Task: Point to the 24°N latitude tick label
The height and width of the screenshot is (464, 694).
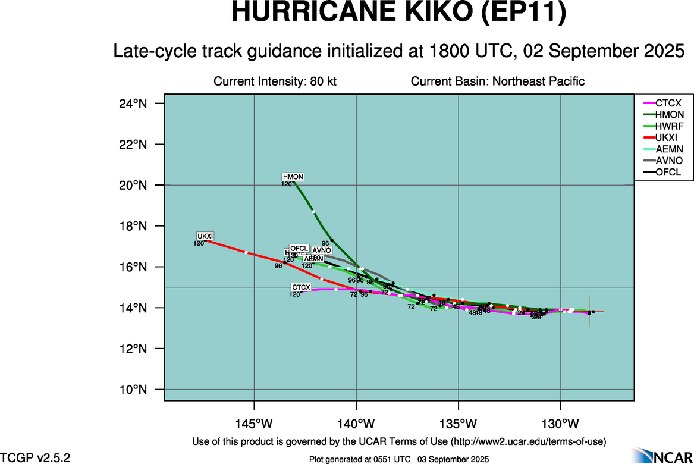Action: click(x=133, y=104)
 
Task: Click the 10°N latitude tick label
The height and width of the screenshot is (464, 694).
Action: click(x=133, y=390)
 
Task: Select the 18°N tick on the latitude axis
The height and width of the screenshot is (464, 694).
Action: click(x=133, y=226)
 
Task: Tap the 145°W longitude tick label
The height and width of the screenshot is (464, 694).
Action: click(x=254, y=424)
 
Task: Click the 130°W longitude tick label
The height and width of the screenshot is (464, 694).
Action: click(x=561, y=424)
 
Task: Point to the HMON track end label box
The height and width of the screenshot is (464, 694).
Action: click(x=293, y=177)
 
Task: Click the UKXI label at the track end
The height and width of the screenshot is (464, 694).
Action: click(x=205, y=236)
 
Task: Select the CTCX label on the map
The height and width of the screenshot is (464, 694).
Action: click(x=301, y=287)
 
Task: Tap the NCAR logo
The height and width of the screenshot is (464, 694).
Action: click(x=661, y=455)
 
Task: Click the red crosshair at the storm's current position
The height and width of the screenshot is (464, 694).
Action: click(x=589, y=311)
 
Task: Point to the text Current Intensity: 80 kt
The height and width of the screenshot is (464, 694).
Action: click(x=275, y=81)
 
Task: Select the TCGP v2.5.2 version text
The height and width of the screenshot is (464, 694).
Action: click(x=35, y=457)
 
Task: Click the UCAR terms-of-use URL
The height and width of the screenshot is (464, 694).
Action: click(x=529, y=441)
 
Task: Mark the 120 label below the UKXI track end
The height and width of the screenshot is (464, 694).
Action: click(x=199, y=243)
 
